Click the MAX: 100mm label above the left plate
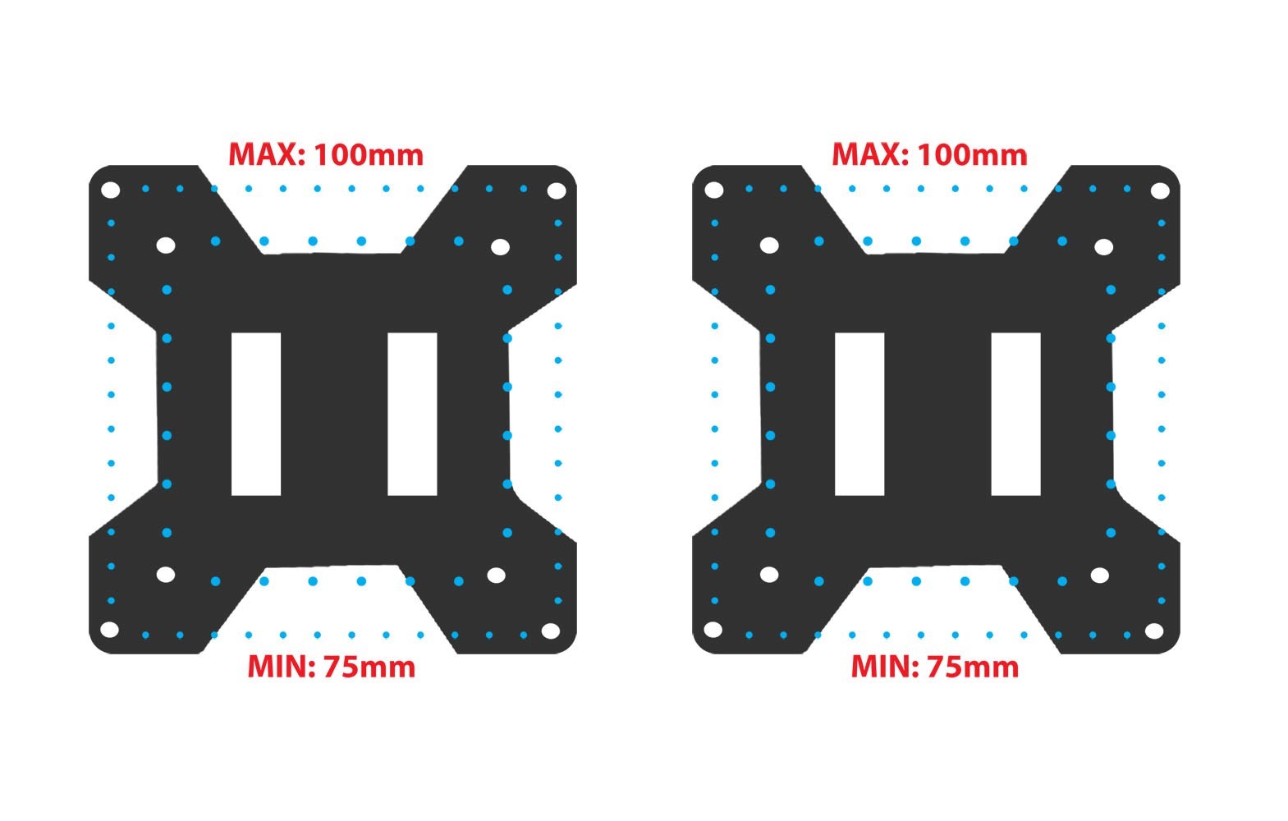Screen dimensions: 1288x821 click(x=326, y=154)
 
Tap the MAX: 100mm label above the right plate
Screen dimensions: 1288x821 click(x=930, y=154)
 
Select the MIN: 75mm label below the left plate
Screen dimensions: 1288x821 click(x=331, y=667)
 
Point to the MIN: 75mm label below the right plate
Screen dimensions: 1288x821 click(x=935, y=667)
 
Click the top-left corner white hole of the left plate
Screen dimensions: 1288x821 click(x=110, y=190)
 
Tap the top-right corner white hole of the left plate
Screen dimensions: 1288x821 click(x=557, y=190)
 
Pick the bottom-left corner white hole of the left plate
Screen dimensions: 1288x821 click(x=109, y=630)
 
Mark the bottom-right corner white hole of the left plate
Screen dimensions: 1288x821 click(x=551, y=631)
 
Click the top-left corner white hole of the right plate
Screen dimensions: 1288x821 click(x=714, y=190)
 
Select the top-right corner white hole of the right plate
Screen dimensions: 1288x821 click(x=1161, y=190)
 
